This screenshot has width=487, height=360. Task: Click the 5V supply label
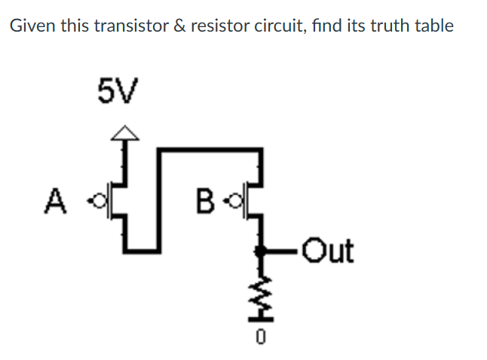[118, 93]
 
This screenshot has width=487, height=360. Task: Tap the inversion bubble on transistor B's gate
[233, 201]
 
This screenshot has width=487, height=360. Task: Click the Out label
[328, 252]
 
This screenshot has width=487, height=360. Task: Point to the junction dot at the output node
[261, 252]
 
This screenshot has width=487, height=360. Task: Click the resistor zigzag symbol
[261, 290]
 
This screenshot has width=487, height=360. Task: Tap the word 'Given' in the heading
[28, 26]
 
